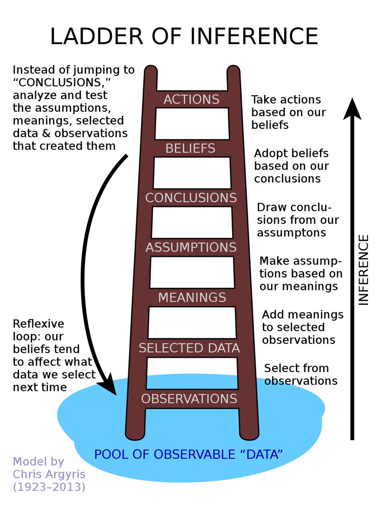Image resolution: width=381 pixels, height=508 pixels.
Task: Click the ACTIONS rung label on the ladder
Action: click(191, 99)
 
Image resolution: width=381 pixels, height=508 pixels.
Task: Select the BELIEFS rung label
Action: click(190, 149)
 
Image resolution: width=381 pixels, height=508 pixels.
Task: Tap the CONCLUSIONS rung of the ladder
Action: click(191, 198)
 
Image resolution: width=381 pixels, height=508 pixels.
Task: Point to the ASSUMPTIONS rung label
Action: click(191, 248)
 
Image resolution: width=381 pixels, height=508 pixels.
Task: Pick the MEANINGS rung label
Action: click(192, 298)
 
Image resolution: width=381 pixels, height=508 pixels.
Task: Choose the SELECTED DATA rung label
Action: click(189, 348)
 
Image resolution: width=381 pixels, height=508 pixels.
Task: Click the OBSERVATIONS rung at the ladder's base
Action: click(189, 399)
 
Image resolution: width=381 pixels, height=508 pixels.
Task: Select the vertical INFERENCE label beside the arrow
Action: click(364, 270)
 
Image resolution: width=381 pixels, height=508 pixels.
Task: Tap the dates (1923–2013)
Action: click(49, 487)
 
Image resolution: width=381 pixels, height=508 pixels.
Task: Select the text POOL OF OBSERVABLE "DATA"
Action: click(188, 455)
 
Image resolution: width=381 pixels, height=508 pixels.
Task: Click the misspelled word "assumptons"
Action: click(291, 233)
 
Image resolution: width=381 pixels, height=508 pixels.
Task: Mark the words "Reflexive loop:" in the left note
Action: click(39, 331)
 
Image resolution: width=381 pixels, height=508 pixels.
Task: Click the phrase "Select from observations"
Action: click(301, 375)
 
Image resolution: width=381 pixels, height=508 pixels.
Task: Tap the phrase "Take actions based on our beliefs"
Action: click(288, 112)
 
